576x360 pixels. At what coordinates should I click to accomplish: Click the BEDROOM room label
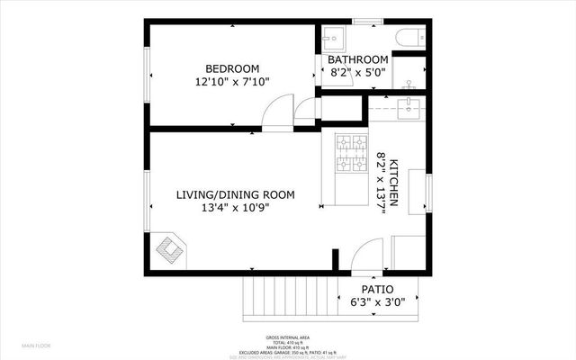point(232,68)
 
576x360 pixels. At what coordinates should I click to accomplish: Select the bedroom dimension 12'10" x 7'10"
point(232,82)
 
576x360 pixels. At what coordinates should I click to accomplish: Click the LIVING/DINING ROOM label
point(235,194)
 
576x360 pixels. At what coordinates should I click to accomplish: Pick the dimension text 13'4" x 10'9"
point(235,208)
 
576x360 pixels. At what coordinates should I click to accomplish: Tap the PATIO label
point(378,290)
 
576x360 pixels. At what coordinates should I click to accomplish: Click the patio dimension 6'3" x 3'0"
point(378,303)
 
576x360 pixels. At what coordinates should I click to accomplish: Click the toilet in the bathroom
point(408,37)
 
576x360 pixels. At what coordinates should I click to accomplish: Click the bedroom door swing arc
point(277,116)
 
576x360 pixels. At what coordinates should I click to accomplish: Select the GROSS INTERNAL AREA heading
point(288,337)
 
